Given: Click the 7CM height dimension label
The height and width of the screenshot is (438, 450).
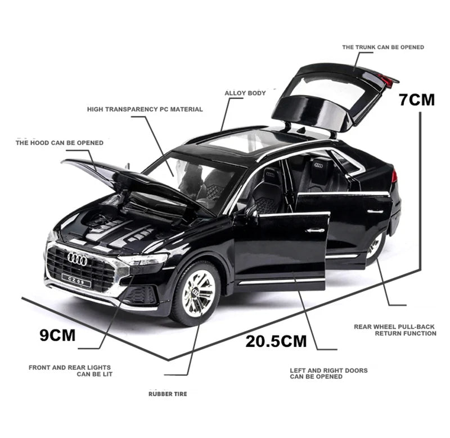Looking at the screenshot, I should click(417, 100).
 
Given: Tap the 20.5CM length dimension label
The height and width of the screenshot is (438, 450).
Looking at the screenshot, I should click(276, 340).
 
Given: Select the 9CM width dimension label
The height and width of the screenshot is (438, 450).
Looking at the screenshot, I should click(57, 335).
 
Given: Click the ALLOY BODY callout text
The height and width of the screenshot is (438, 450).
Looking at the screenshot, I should click(245, 93).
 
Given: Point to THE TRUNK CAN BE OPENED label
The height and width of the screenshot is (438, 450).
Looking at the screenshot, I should click(382, 47).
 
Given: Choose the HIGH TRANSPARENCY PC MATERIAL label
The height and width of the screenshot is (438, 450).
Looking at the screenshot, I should click(145, 109).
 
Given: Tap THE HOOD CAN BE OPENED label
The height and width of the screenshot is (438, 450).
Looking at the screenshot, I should click(59, 143).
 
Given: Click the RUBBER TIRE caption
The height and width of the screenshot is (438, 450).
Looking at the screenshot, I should click(168, 394).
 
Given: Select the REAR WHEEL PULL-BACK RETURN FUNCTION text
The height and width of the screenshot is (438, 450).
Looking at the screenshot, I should click(395, 329).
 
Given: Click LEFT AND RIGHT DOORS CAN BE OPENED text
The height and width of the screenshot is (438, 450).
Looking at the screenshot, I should click(328, 373).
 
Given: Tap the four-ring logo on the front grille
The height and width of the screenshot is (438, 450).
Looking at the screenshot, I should click(77, 258).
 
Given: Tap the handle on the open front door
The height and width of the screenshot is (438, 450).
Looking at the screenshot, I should click(316, 230).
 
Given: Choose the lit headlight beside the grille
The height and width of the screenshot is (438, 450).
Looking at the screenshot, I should click(143, 259).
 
